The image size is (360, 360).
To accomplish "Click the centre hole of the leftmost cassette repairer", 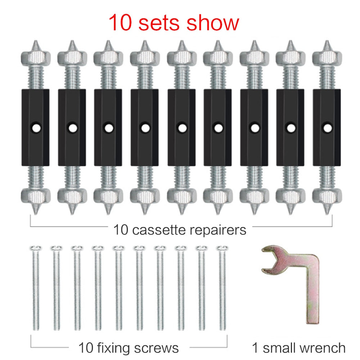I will (x=35, y=127).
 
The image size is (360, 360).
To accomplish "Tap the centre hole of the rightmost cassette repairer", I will (x=327, y=127).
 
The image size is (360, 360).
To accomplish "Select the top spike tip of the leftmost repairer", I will (x=35, y=42).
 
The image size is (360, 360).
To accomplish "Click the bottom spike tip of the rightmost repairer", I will (x=327, y=212).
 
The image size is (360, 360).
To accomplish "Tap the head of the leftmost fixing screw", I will (x=35, y=248).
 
